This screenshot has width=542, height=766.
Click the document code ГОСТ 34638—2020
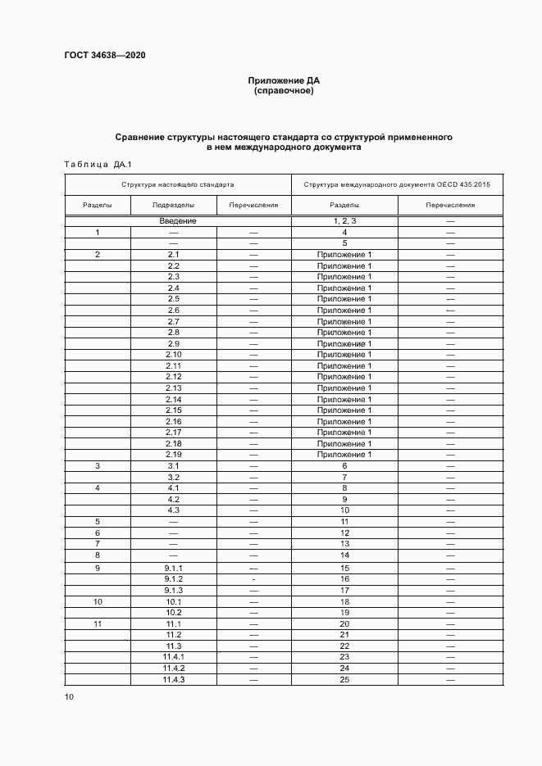click(105, 56)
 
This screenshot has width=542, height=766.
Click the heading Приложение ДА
click(284, 80)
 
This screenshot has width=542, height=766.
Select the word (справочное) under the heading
click(284, 91)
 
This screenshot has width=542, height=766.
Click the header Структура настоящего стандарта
click(178, 185)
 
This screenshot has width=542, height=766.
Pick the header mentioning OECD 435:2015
click(397, 185)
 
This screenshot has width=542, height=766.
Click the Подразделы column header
click(174, 206)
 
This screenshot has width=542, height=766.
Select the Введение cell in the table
click(178, 221)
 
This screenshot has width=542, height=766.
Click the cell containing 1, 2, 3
click(345, 221)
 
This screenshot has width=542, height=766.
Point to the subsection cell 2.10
click(174, 355)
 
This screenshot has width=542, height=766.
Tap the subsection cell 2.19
click(174, 455)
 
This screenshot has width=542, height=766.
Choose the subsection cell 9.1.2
click(174, 579)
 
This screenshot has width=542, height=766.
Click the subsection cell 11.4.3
click(174, 679)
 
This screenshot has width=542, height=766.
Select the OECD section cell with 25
click(345, 679)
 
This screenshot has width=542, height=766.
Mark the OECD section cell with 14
click(345, 555)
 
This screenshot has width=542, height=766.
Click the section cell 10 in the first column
click(98, 601)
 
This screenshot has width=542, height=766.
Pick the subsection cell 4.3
click(174, 510)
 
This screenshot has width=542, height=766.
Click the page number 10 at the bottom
click(69, 697)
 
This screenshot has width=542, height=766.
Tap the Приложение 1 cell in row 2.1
click(345, 255)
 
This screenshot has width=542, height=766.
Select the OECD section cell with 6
click(345, 465)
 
